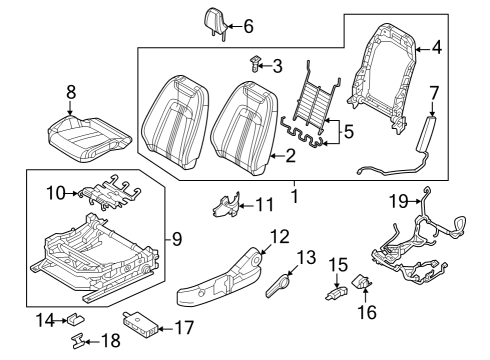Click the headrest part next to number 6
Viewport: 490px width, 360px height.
click(215, 23)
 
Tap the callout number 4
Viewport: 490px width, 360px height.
click(437, 48)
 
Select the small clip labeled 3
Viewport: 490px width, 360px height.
click(254, 64)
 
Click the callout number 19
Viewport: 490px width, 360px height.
click(399, 201)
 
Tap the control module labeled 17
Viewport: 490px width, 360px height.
click(140, 323)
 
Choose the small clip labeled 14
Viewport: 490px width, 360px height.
click(76, 319)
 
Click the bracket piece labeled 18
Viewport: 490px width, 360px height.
click(79, 341)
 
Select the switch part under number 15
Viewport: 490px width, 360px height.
click(336, 293)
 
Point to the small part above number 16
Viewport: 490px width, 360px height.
click(361, 282)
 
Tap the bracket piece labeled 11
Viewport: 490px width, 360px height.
click(227, 204)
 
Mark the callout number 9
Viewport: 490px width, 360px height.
click(177, 239)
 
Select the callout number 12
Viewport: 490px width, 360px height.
click(279, 236)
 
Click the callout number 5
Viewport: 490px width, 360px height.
click(348, 132)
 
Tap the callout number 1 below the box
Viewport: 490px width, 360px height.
click(295, 196)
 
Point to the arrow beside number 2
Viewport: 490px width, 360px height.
click(275, 156)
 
